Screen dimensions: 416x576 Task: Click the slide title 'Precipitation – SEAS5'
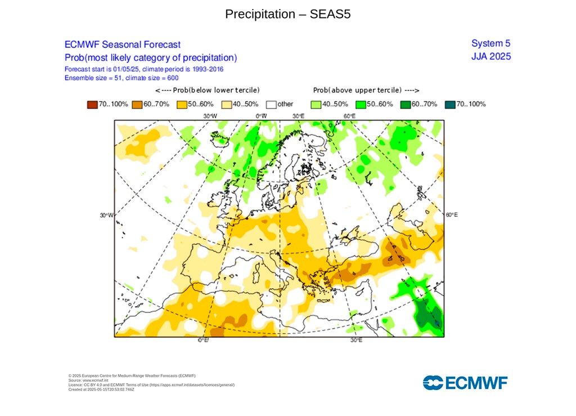click(287, 14)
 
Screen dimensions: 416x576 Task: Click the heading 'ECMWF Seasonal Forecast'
click(123, 44)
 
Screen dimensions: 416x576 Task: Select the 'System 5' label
click(490, 43)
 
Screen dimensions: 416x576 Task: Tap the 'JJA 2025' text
click(490, 56)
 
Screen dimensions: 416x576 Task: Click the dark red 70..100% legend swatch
click(92, 104)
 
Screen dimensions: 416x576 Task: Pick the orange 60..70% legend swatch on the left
click(137, 104)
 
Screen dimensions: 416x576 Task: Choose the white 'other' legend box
click(271, 104)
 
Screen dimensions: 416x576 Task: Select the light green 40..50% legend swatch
click(316, 104)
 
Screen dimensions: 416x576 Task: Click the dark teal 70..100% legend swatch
click(449, 104)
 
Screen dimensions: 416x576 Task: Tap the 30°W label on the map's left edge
click(106, 216)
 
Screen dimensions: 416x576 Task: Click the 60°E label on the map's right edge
click(451, 215)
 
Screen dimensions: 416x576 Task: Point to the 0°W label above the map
click(261, 116)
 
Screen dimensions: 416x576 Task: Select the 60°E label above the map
click(349, 116)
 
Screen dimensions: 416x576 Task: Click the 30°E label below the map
click(356, 341)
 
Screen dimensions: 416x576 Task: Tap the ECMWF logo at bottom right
click(465, 383)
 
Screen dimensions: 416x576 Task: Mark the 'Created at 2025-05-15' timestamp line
click(101, 389)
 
